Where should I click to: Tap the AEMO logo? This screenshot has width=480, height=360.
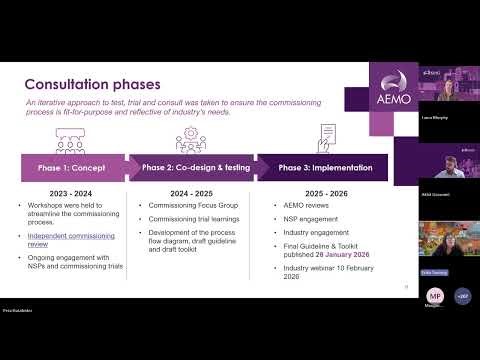[x=390, y=94]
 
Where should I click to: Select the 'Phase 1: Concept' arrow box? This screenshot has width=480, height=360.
[x=72, y=167]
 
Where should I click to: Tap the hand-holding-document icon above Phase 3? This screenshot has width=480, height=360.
[x=325, y=134]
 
